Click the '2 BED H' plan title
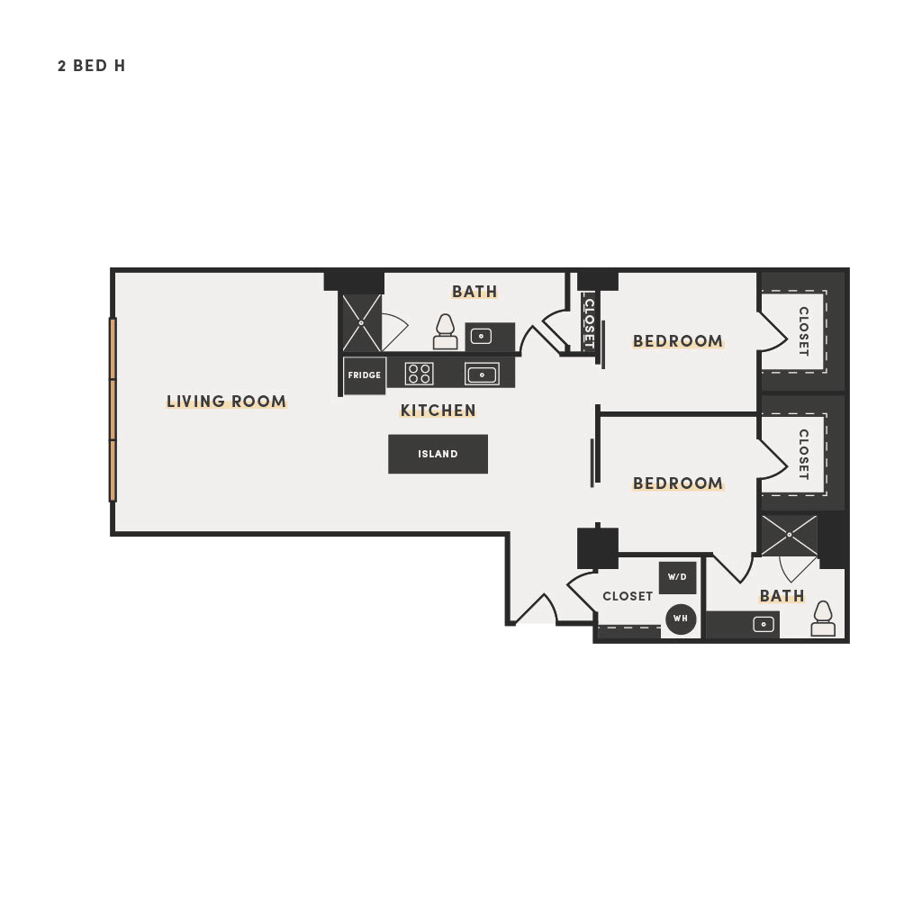point(91,66)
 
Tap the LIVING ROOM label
point(226,401)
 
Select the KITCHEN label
point(438,410)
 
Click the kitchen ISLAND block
point(438,454)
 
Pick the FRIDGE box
point(365,375)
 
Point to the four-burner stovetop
point(420,374)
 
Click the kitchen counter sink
point(482,374)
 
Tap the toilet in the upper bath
point(445,332)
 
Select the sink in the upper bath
point(481,337)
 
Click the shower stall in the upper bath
point(362,323)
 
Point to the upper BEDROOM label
point(678,341)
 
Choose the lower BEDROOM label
point(678,484)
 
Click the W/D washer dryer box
point(677,577)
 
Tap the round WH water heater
point(681,619)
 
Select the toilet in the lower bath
point(823,619)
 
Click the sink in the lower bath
point(764,624)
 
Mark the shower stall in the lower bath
point(789,535)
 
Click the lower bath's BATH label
point(782,596)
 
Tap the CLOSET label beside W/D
point(628,596)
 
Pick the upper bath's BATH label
point(475,292)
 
